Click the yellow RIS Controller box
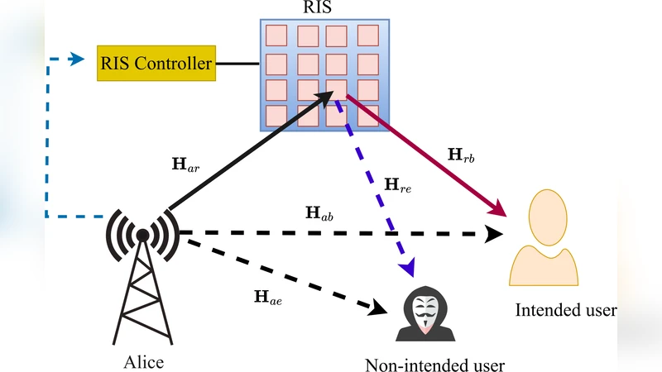(x=156, y=63)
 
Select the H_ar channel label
(x=185, y=165)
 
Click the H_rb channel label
(x=460, y=154)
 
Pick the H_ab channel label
(x=320, y=213)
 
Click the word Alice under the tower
(x=143, y=362)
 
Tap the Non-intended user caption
(x=434, y=365)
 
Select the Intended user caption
(x=565, y=311)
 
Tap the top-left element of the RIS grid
(x=276, y=36)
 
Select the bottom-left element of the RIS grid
(x=276, y=115)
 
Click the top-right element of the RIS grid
(x=367, y=36)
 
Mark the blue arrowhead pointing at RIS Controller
(x=77, y=59)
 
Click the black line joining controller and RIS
(x=237, y=63)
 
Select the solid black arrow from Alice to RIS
(x=248, y=149)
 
